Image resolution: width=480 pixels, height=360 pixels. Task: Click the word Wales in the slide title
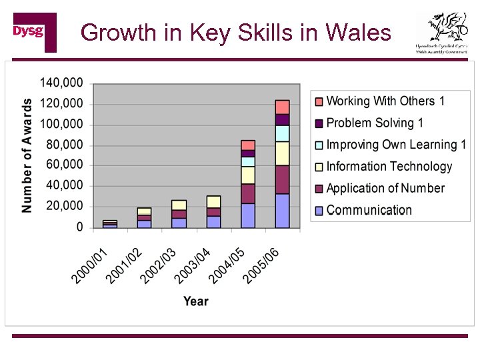pos(359,32)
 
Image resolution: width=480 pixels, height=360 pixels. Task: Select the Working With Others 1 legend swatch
pos(318,101)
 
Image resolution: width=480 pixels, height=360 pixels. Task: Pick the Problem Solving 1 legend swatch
pos(318,123)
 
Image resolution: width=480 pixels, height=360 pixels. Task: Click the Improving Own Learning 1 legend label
pos(396,145)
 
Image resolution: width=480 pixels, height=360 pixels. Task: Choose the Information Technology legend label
pos(389,167)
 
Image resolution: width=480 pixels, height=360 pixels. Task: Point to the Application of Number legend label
pos(385,188)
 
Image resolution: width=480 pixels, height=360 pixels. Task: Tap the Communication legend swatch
pos(318,210)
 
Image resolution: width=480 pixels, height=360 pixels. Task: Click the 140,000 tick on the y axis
pos(61,83)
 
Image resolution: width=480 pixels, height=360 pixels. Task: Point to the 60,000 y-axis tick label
pos(65,165)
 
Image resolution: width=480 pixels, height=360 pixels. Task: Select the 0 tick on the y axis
pos(79,227)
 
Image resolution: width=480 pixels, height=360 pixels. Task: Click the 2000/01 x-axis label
pos(89,265)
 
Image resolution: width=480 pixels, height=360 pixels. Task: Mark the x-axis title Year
pos(195,301)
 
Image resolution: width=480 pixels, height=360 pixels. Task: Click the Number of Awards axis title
pos(27,155)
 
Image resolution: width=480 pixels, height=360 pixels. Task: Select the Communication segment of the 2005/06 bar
pos(282,211)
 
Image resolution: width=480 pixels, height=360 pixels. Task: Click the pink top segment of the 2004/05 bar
pos(248,145)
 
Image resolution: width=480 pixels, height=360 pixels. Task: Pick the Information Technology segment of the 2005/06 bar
pos(282,153)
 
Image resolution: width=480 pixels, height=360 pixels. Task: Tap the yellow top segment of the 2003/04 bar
pos(213,201)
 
